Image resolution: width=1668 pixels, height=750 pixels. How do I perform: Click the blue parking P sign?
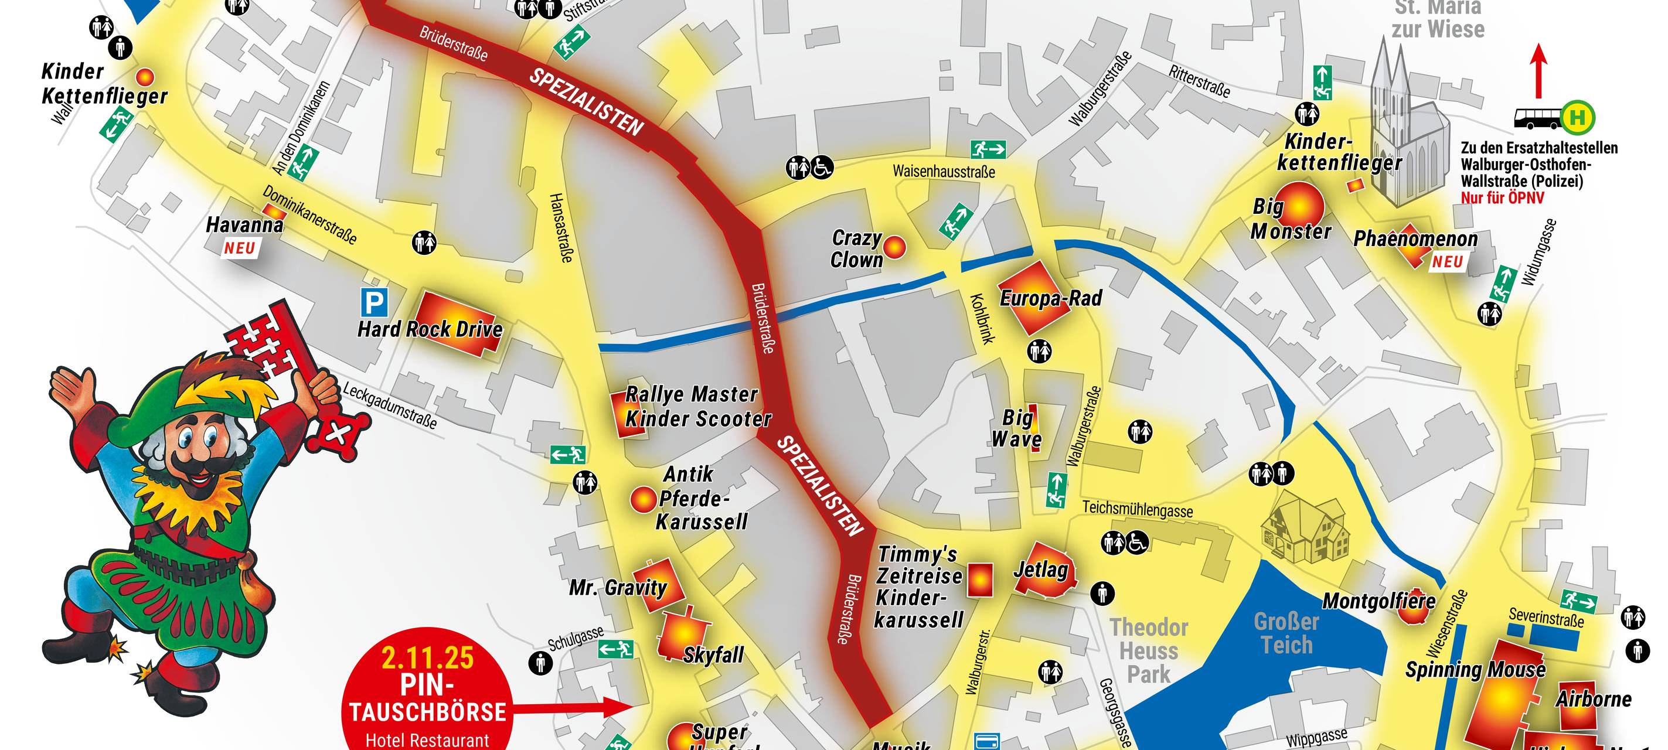point(375,302)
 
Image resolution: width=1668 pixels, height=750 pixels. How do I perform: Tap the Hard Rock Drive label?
point(430,329)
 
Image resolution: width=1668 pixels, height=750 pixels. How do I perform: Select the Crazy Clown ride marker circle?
point(894,247)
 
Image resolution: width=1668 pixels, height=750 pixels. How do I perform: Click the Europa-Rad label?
point(1051,298)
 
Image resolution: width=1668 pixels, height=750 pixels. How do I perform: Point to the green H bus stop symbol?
point(1578,117)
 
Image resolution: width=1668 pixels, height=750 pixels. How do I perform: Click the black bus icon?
point(1537,118)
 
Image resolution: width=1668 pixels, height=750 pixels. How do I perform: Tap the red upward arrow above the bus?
point(1538,71)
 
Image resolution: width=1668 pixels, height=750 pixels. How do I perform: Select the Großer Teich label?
point(1286,633)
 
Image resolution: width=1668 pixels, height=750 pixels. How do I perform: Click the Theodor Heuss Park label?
point(1149,650)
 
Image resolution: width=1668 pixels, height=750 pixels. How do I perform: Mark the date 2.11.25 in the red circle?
point(427,658)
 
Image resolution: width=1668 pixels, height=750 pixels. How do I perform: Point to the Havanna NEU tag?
point(240,248)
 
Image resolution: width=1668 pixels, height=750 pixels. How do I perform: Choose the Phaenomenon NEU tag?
point(1447,262)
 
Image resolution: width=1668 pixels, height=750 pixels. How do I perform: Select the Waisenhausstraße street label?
point(944,172)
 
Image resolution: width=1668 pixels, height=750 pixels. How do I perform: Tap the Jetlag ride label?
point(1040,570)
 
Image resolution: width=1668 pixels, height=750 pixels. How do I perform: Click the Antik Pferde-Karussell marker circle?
point(644,500)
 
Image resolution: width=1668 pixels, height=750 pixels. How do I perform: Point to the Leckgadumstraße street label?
point(390,405)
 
